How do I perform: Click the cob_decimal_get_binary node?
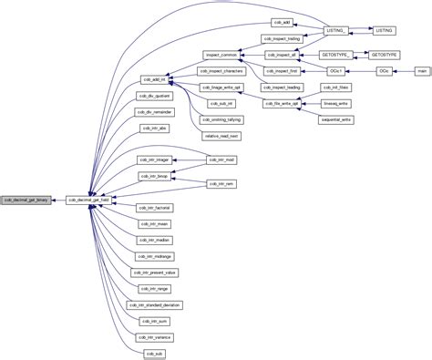click(x=26, y=199)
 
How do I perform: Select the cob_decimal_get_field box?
click(x=89, y=199)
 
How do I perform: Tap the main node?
click(x=421, y=70)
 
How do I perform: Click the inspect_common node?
click(x=221, y=55)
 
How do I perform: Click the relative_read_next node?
click(x=221, y=135)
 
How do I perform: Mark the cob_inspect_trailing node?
click(x=282, y=38)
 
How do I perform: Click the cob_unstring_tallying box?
click(x=221, y=118)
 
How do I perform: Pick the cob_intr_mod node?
click(x=222, y=159)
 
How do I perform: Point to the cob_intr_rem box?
click(x=222, y=184)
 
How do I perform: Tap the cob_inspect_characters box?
click(x=221, y=71)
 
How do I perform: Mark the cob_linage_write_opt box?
click(x=221, y=87)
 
